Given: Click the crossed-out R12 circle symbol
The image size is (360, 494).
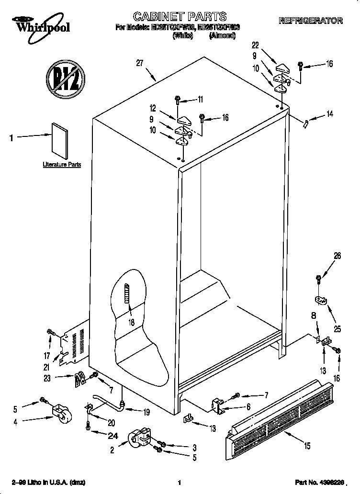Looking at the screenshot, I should point(65,76).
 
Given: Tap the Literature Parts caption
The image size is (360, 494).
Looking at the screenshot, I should point(62,165).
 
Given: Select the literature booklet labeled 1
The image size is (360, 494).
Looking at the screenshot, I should point(60,140).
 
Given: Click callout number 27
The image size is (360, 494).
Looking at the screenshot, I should point(140,63).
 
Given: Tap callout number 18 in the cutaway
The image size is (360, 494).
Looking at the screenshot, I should point(131,323).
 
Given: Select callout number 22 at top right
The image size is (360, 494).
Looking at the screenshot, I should point(255,45).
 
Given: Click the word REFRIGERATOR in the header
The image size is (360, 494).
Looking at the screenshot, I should point(311,21).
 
